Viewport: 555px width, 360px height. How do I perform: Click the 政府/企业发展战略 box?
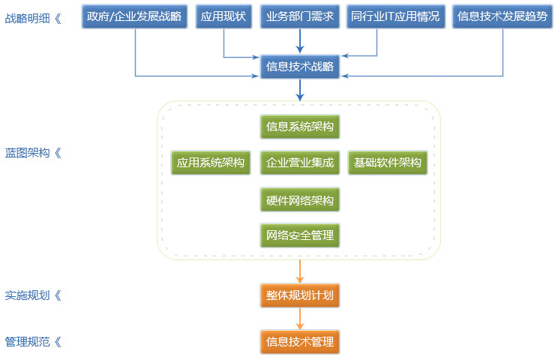(135, 16)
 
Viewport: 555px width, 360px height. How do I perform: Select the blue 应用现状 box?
(223, 16)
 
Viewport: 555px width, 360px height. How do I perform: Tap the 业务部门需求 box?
(300, 16)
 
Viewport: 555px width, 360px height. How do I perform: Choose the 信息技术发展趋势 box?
(502, 16)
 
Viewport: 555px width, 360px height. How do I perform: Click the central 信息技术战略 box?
(300, 67)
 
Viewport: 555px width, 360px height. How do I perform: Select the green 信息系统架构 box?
(300, 126)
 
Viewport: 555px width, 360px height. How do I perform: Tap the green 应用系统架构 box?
(211, 163)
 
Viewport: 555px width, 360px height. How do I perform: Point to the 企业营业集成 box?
(300, 163)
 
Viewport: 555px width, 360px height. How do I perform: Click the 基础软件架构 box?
(388, 163)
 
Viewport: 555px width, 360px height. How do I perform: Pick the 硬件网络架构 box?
(300, 200)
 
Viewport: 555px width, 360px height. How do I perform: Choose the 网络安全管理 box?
(300, 236)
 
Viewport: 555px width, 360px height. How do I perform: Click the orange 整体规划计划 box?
(300, 295)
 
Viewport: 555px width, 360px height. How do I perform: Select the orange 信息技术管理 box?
(300, 342)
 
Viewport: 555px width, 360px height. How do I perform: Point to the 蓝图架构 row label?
(33, 152)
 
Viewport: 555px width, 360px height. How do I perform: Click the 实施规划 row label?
(33, 295)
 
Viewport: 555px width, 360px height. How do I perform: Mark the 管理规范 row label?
(33, 342)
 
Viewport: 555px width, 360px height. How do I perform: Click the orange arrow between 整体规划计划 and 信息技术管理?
(300, 319)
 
